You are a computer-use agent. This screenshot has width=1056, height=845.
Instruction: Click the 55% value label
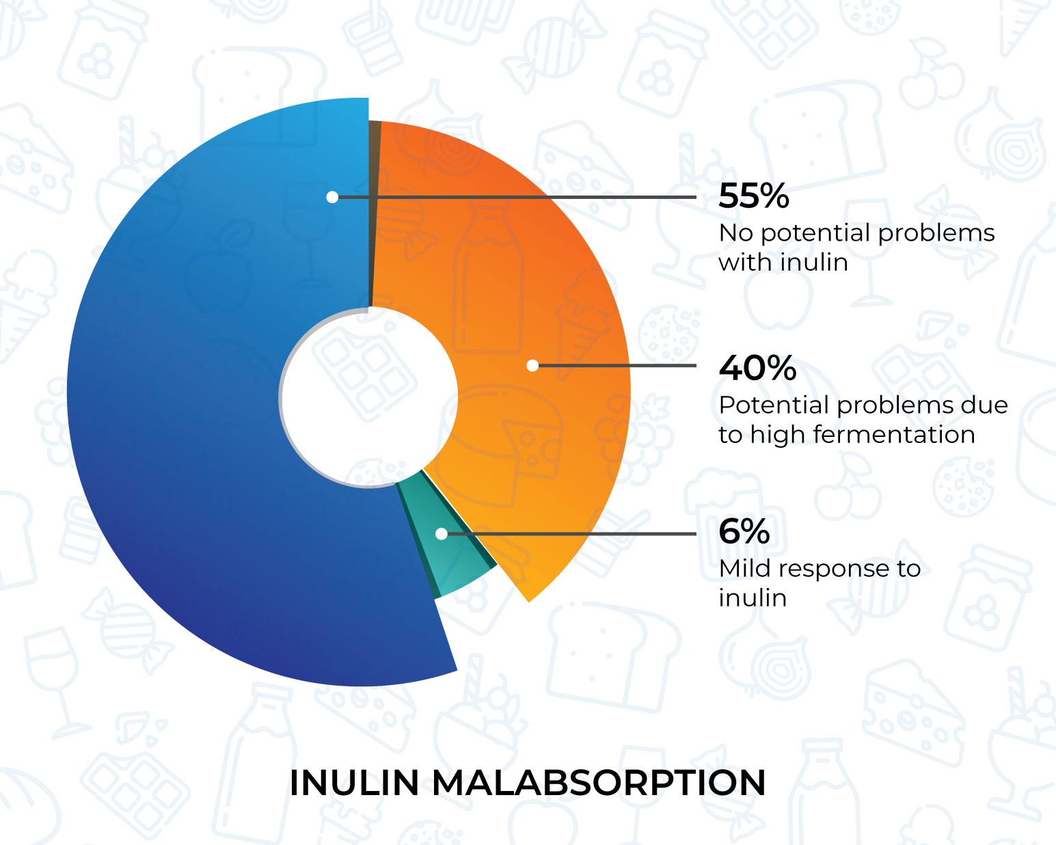click(754, 196)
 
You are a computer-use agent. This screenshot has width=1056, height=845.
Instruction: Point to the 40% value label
click(757, 368)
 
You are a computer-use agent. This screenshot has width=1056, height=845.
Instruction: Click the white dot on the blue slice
click(332, 197)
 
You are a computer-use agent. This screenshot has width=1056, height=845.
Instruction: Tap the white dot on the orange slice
click(532, 365)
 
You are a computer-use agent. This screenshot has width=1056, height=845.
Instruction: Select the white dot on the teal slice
click(441, 534)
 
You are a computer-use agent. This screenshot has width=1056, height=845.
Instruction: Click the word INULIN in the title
click(354, 783)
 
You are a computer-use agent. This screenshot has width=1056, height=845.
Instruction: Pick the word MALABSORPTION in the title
click(599, 783)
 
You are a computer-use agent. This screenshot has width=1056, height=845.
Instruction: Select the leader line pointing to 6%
click(569, 534)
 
